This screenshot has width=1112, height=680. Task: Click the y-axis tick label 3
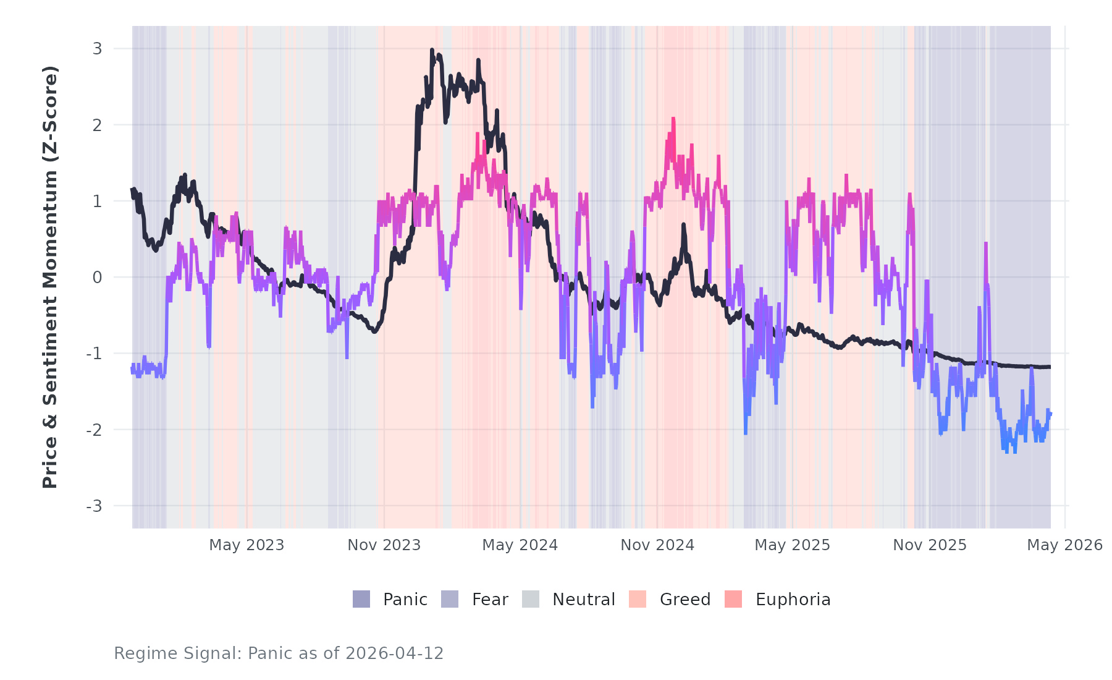[97, 49]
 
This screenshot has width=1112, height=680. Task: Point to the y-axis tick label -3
[94, 506]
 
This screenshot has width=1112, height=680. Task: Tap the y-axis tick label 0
[97, 278]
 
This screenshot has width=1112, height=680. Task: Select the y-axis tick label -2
[94, 430]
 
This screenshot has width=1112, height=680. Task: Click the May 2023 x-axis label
[246, 545]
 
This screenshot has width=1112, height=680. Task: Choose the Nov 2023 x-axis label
[384, 545]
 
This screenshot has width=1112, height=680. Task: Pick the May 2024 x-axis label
[520, 545]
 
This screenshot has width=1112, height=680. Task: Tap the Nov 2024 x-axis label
[657, 545]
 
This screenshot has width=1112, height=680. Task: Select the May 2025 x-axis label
[793, 545]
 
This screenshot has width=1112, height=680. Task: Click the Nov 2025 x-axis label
[930, 545]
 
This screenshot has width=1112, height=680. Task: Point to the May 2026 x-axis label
[1064, 545]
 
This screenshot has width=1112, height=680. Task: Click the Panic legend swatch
[361, 599]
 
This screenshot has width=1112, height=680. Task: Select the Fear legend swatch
[450, 599]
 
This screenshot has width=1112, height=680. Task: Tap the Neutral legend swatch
[531, 599]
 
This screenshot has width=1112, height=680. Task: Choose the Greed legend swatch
[638, 599]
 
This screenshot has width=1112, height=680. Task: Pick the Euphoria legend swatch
[733, 599]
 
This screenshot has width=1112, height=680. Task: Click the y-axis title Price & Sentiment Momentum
[50, 277]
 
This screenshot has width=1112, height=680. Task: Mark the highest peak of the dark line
[432, 50]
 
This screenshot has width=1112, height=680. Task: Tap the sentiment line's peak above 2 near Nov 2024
[673, 118]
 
